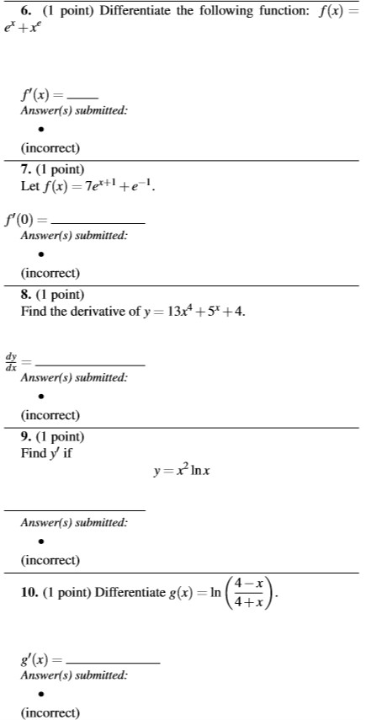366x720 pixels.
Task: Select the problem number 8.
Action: [x=25, y=295]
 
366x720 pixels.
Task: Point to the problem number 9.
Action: [x=25, y=437]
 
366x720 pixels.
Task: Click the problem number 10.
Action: [x=29, y=593]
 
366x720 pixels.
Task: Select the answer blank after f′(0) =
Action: [x=110, y=222]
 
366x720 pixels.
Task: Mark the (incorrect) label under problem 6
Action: [x=50, y=148]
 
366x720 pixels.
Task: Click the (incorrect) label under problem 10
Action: [x=50, y=712]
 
